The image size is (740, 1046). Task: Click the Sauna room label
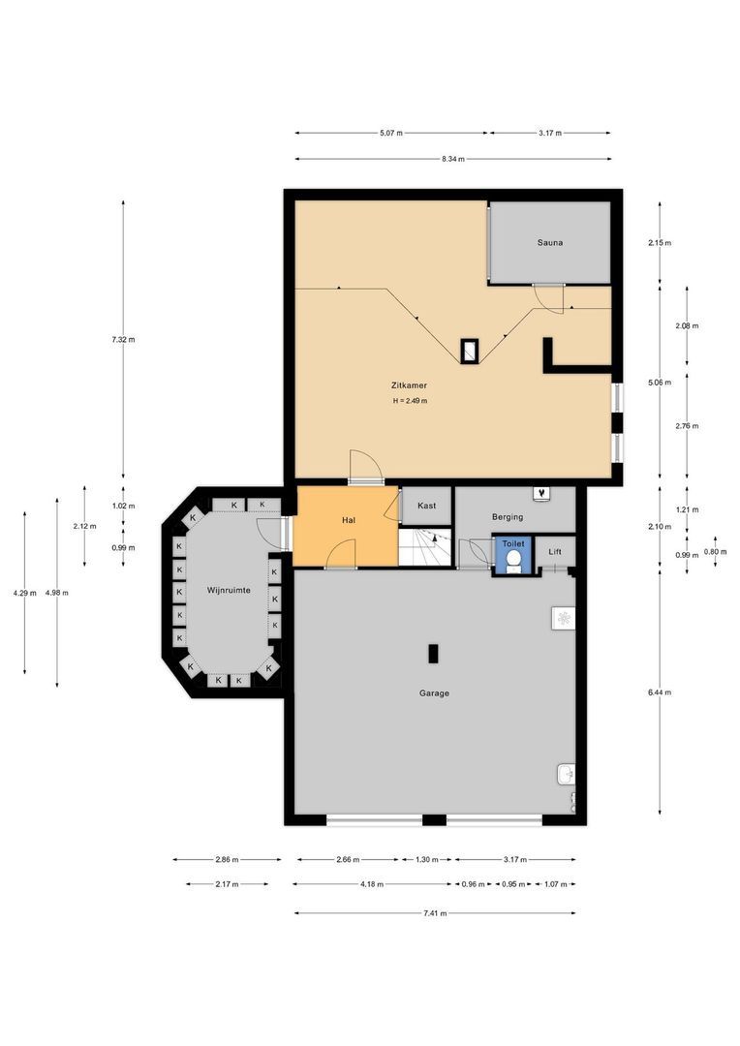550,243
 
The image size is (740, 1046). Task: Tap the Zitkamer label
409,385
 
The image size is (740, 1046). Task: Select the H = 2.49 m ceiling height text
410,401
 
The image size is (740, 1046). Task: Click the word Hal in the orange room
348,520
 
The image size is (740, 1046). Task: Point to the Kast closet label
426,506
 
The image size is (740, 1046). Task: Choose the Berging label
508,517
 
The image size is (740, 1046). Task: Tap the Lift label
554,552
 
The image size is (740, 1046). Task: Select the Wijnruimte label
229,591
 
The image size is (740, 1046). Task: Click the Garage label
434,693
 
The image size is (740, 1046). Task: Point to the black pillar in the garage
434,653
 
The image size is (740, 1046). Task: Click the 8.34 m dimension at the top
453,159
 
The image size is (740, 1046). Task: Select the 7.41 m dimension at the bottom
435,913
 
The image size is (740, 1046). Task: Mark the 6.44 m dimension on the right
660,692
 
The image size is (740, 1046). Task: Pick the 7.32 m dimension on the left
123,340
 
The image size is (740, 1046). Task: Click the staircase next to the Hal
426,547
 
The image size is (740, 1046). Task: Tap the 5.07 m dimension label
391,133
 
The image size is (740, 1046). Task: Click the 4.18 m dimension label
372,884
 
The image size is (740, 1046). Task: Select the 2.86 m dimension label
227,860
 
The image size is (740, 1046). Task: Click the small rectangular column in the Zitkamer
470,351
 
